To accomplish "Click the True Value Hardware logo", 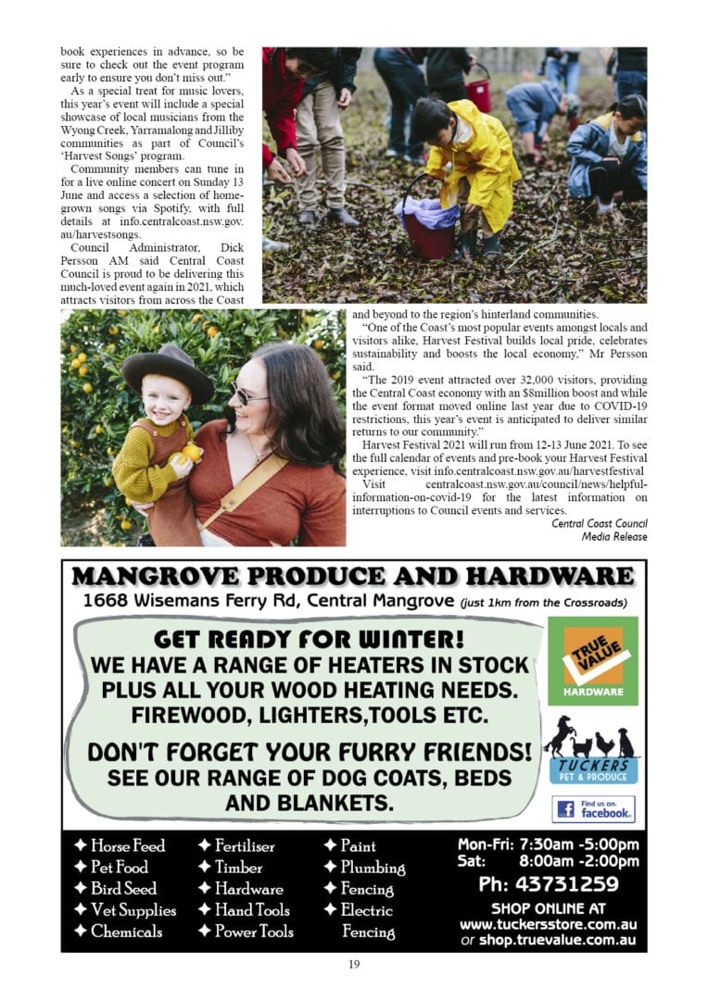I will (593, 661).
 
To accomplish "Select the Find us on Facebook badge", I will (594, 808).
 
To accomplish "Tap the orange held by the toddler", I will (192, 452).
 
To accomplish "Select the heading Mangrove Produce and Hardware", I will (353, 577).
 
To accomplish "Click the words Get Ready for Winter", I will (310, 639).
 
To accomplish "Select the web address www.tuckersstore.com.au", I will (548, 924).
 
